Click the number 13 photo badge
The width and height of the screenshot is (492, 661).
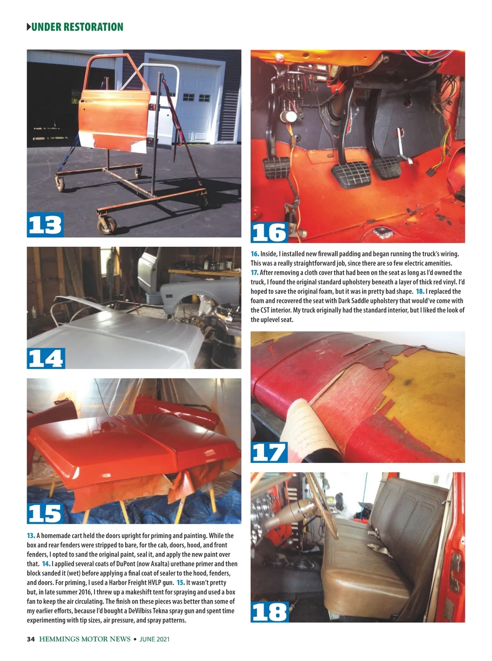point(45,225)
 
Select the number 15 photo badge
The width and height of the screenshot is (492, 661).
point(45,513)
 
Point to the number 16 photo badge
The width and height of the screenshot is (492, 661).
point(269,232)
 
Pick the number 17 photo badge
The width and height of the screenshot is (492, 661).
point(269,452)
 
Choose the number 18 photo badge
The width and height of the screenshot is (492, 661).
point(269,612)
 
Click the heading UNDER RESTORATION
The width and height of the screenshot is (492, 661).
point(77,27)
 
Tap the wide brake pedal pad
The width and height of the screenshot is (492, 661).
point(351,174)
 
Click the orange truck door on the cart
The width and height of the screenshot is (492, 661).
point(114,119)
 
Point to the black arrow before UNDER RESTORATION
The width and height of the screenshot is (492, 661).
point(29,27)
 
